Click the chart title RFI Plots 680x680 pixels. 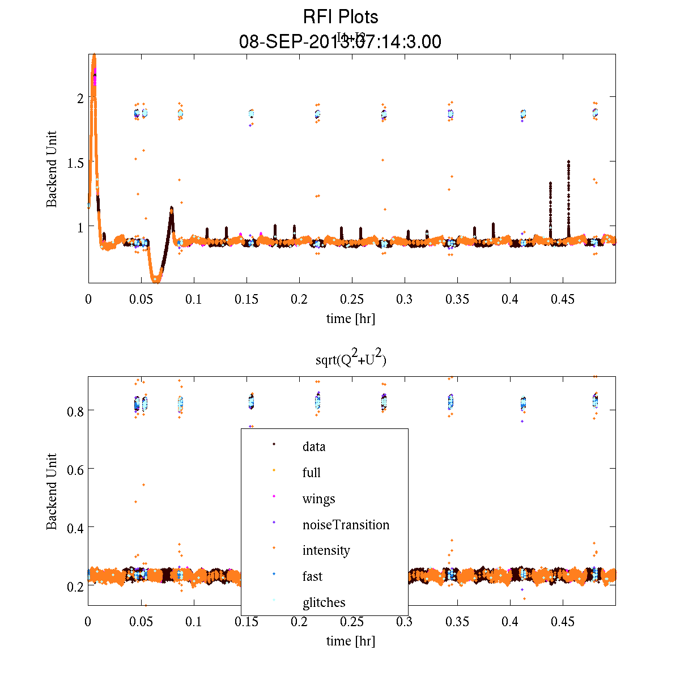pyautogui.click(x=341, y=16)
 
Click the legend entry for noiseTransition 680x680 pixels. pyautogui.click(x=346, y=525)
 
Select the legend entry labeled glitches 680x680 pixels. pyautogui.click(x=324, y=602)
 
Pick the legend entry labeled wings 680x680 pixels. pyautogui.click(x=318, y=499)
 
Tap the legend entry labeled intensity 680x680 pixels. pyautogui.click(x=326, y=550)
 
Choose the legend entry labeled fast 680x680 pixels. pyautogui.click(x=312, y=576)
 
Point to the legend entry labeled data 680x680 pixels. pyautogui.click(x=314, y=447)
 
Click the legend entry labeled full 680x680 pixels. pyautogui.click(x=312, y=473)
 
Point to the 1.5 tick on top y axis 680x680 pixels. pyautogui.click(x=73, y=162)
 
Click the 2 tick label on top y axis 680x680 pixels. pyautogui.click(x=80, y=97)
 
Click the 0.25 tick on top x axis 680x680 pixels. pyautogui.click(x=352, y=299)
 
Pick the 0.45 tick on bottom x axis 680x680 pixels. pyautogui.click(x=563, y=622)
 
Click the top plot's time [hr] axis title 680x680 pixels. pyautogui.click(x=350, y=318)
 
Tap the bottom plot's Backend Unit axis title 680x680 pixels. pyautogui.click(x=52, y=491)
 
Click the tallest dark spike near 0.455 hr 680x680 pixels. pyautogui.click(x=568, y=162)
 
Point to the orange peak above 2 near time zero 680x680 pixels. pyautogui.click(x=93, y=56)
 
